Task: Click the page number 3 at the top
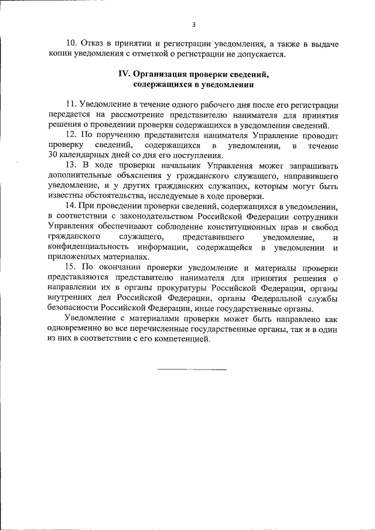[x=193, y=24]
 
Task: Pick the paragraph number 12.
[x=71, y=135]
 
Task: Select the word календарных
[x=86, y=156]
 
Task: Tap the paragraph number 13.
[x=71, y=166]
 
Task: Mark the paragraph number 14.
[x=71, y=206]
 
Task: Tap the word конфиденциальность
[x=86, y=247]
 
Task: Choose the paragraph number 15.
[x=71, y=267]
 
